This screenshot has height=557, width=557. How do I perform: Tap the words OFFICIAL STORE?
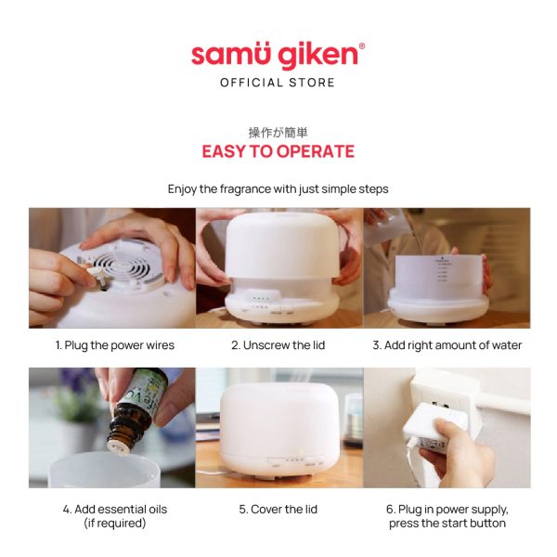[278, 83]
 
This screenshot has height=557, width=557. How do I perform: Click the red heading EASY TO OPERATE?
[278, 151]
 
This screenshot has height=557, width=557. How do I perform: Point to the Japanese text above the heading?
[278, 133]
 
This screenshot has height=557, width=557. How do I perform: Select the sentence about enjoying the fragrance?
[278, 189]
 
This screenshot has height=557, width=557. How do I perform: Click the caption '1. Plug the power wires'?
[115, 345]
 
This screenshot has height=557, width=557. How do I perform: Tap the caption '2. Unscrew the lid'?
[278, 345]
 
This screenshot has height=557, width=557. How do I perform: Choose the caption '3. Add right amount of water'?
[447, 345]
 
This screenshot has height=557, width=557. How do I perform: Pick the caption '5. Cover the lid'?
[278, 509]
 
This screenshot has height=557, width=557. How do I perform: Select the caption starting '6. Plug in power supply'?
[447, 516]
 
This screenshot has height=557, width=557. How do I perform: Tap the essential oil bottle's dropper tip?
[119, 447]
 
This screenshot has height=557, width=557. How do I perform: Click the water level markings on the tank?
[443, 270]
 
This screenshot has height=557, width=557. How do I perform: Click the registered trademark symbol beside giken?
[362, 45]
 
